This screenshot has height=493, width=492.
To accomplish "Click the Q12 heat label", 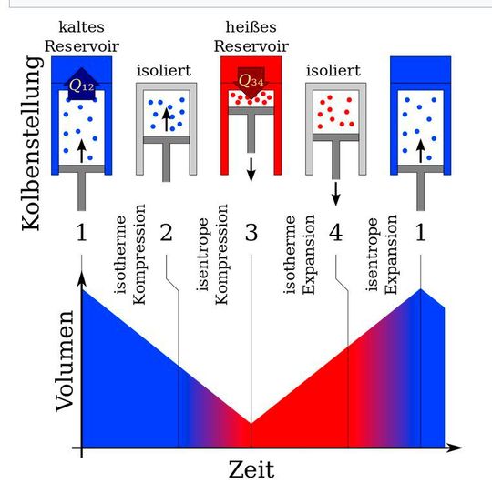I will pos(83,86).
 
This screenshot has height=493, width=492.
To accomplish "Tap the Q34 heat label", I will pos(251,81).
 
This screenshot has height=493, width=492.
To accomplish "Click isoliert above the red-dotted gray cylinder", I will pos(334,70).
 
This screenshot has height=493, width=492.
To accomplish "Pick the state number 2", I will pos(166,233).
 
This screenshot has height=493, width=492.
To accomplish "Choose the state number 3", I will pos(251,233).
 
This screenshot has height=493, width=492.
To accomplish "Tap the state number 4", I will pos(335,233).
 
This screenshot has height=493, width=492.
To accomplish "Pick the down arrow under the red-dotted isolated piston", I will pos(335,191).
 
